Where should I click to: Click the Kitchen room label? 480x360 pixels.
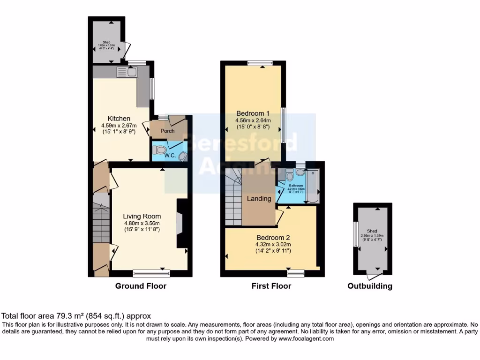click(x=119, y=118)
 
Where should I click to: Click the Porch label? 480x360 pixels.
click(x=167, y=131)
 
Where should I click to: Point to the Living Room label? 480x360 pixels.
click(x=142, y=216)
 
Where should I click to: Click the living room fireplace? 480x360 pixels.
click(x=181, y=223)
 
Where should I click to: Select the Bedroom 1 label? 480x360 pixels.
click(x=253, y=113)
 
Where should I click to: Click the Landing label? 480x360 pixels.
click(x=259, y=198)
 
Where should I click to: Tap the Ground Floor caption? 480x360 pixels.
click(x=141, y=286)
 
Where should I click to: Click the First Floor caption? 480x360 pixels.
click(x=271, y=286)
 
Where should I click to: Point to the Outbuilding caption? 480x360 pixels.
click(x=370, y=286)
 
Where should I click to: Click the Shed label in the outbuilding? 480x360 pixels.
click(x=372, y=231)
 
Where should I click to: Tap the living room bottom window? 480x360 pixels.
click(x=148, y=272)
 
